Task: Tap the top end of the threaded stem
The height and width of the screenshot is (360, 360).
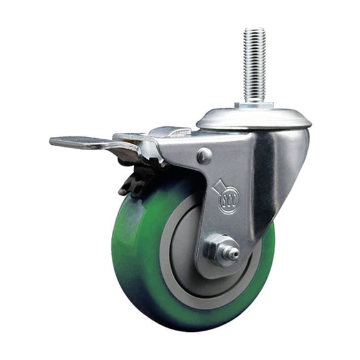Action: pos(254,29)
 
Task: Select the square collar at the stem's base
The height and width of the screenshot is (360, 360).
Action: pos(253,106)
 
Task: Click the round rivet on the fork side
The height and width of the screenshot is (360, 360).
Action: pos(204,156)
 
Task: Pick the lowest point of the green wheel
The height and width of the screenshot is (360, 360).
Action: pos(187,329)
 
